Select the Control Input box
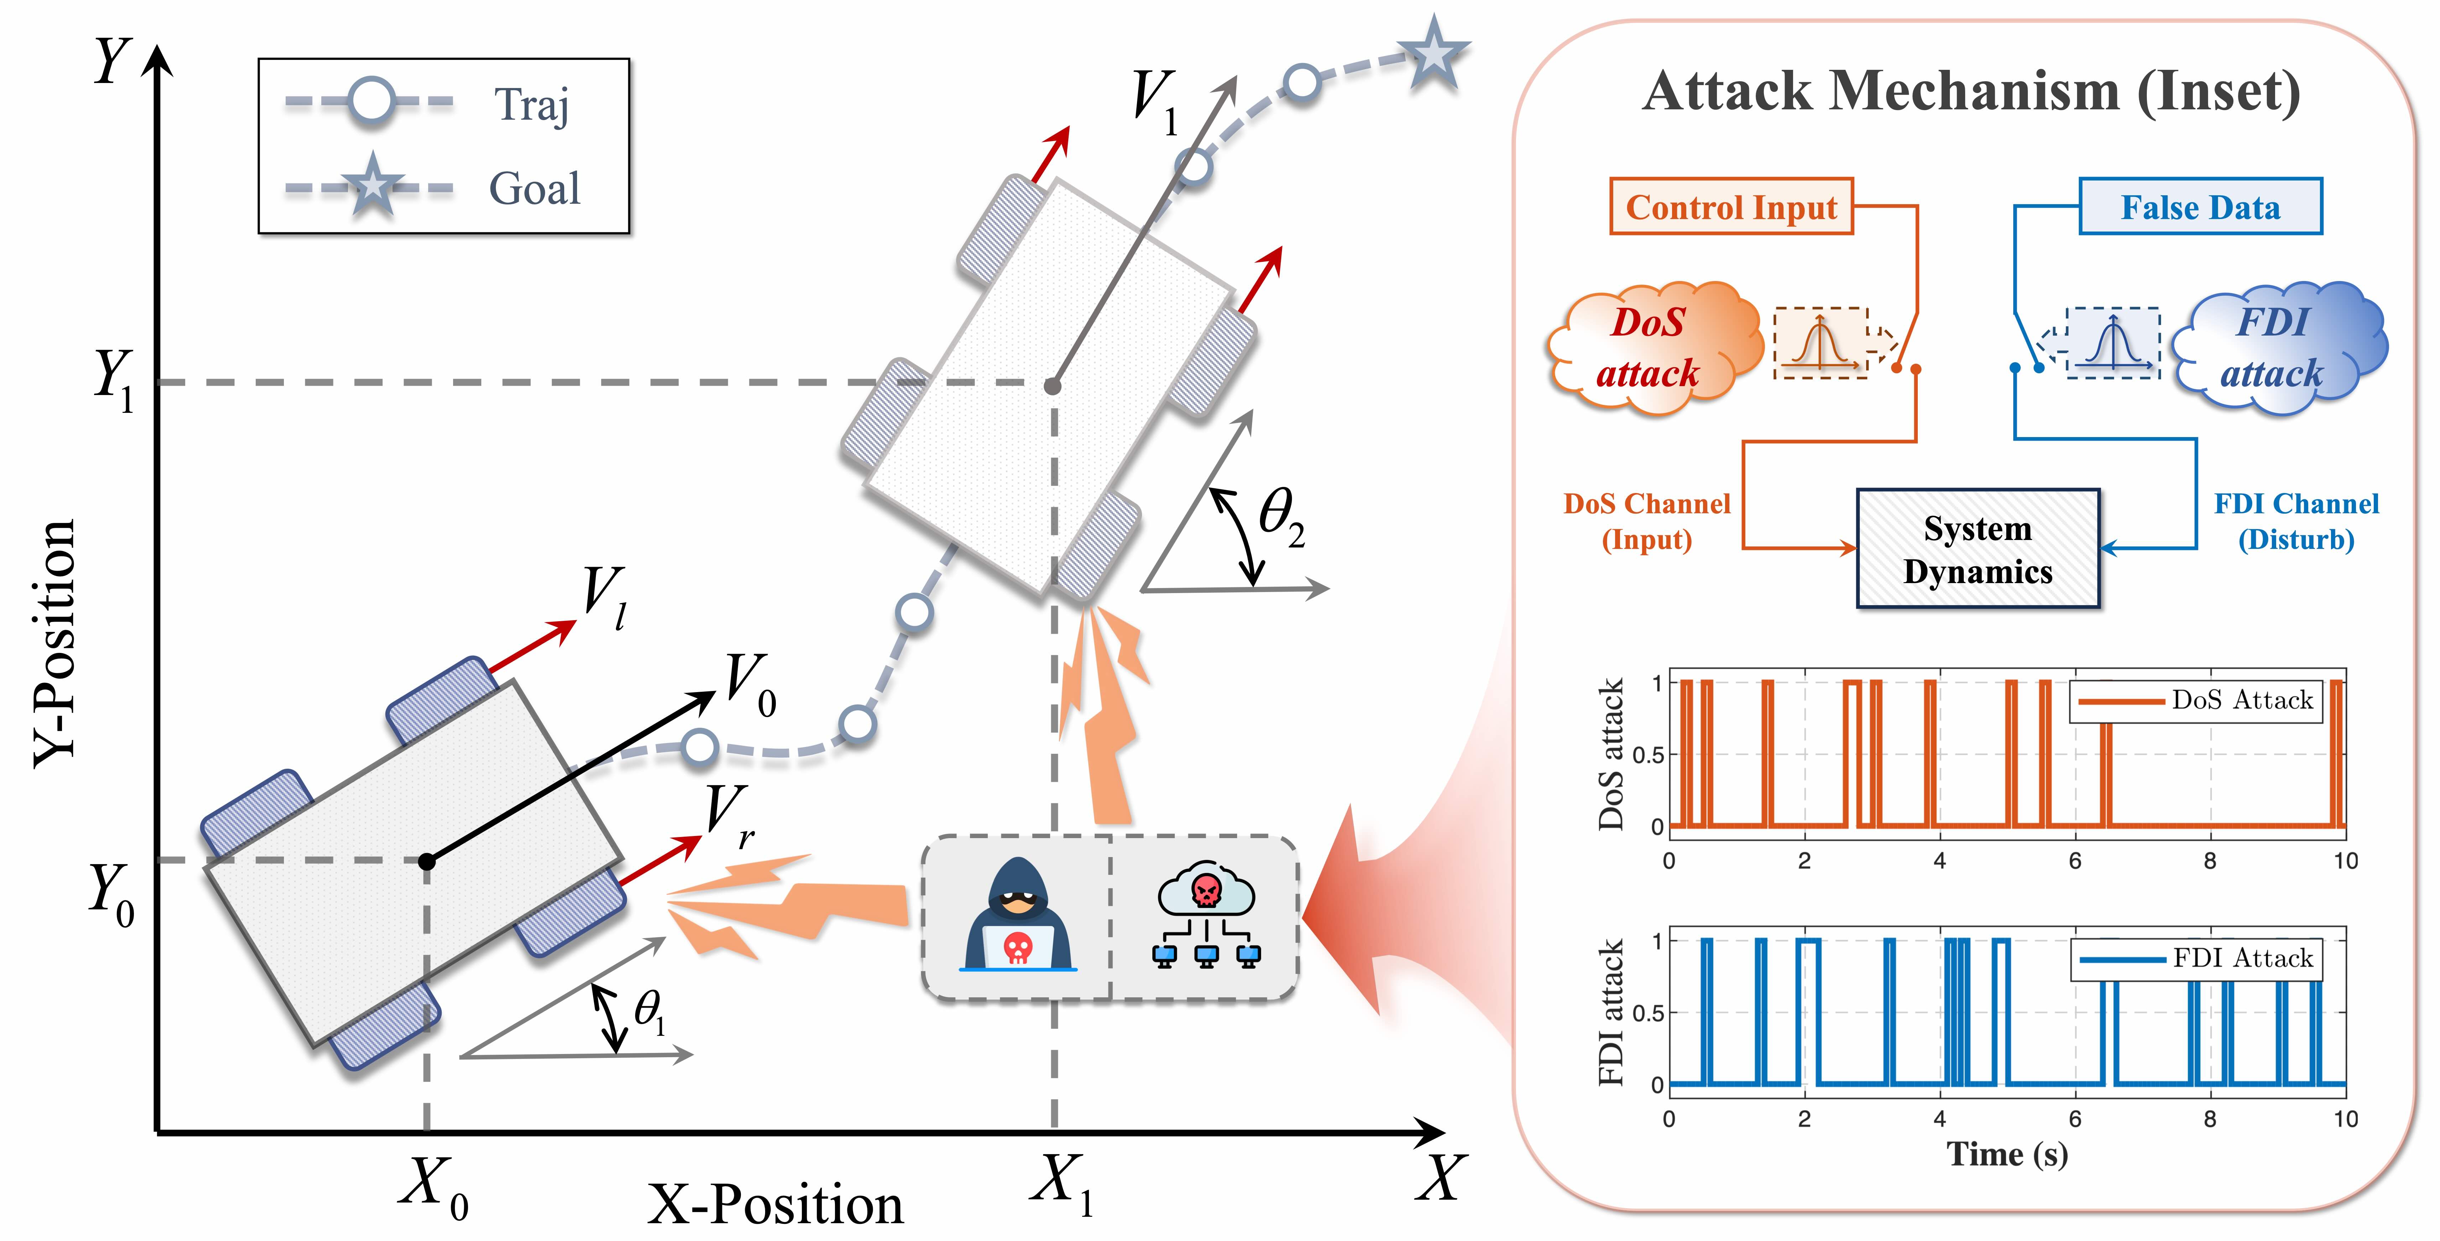click(1732, 207)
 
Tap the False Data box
click(2200, 207)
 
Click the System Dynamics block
click(1978, 549)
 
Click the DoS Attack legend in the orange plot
click(2196, 701)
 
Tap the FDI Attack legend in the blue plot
click(2196, 959)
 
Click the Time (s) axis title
click(2007, 1154)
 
